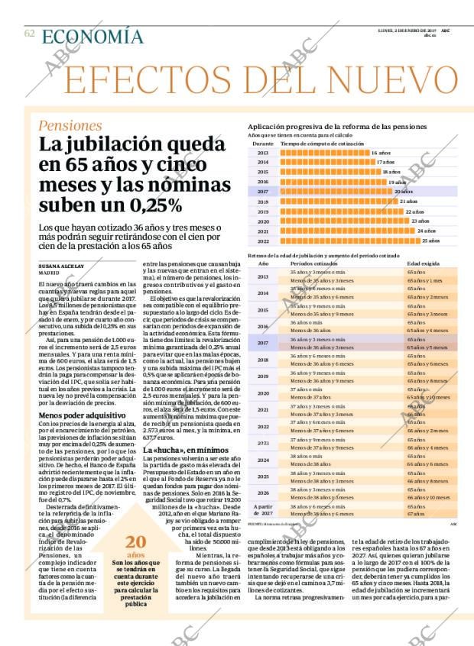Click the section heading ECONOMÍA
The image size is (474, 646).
coord(93,37)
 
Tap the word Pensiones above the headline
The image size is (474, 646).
coord(70,125)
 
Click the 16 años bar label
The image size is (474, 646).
coord(381,153)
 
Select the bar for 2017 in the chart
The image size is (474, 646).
coord(336,192)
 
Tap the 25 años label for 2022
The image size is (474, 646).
coord(430,240)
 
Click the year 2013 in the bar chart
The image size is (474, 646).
coord(263,153)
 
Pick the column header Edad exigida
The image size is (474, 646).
coord(423,263)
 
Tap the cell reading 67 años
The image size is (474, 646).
coord(417,515)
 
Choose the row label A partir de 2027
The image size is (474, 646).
coord(263,510)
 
